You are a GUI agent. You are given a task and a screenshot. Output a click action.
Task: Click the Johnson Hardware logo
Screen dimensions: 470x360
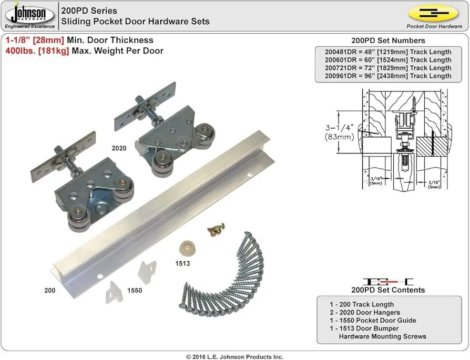[x=29, y=14]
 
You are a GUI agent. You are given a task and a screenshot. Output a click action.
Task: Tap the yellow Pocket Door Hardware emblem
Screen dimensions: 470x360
[x=433, y=13]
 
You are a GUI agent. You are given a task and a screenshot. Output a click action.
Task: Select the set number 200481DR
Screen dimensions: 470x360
[x=341, y=52]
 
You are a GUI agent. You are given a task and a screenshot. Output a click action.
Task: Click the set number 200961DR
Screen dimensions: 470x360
[x=341, y=76]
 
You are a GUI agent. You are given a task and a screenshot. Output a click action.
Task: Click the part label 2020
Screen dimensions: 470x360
[x=119, y=148]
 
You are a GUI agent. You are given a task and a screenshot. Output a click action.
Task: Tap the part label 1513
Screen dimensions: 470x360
[x=182, y=263]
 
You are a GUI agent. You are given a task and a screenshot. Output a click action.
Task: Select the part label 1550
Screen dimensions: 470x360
[x=135, y=290]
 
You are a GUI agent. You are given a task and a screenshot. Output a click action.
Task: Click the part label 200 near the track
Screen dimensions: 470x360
[x=50, y=290]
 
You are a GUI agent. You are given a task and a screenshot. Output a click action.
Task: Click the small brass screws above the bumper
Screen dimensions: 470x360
[x=216, y=229]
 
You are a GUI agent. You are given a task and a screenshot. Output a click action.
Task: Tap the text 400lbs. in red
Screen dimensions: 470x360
[x=21, y=51]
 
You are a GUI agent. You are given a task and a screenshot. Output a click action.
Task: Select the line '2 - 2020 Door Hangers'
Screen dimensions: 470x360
[x=365, y=312]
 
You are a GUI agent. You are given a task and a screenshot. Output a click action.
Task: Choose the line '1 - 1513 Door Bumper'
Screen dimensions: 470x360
[x=364, y=328]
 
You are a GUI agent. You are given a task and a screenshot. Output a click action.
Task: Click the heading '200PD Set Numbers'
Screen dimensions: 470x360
[x=388, y=40]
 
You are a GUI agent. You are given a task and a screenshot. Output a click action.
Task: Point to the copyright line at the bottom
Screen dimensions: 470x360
[x=234, y=357]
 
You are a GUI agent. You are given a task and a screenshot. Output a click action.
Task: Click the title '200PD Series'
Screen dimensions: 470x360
[x=89, y=11]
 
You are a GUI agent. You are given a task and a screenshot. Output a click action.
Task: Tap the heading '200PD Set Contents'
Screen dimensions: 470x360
[x=388, y=290]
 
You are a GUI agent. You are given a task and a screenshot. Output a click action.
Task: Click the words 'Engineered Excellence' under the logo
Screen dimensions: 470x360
[x=29, y=26]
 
